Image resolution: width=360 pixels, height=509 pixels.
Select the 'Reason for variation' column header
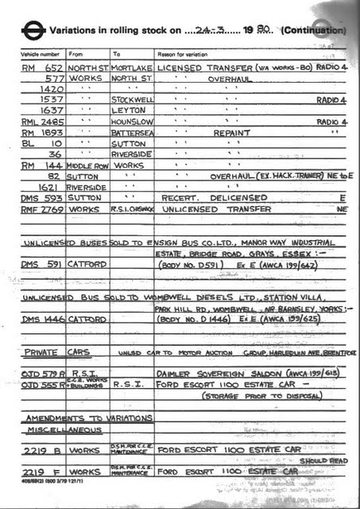pos(183,53)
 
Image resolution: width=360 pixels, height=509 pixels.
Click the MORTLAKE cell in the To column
pos(132,68)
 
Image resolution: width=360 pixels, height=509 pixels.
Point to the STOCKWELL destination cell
pos(132,101)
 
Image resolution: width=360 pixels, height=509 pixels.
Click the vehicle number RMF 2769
pos(43,208)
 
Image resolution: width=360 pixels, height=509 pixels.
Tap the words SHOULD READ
pos(327,460)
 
